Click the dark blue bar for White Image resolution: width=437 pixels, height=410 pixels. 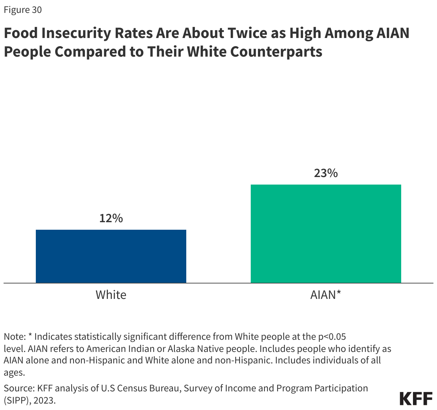coord(111,256)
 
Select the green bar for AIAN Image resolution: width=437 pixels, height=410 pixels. coord(326,234)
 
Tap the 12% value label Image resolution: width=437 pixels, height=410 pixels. coord(111,218)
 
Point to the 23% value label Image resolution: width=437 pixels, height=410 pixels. coord(326,173)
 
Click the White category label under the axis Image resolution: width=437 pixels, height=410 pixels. coord(111,295)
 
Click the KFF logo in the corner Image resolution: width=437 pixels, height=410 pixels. coord(416,399)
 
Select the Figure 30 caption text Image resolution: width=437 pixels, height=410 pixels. coord(23,10)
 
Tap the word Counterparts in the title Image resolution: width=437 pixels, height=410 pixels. coord(276,52)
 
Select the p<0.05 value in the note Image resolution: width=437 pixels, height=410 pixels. coord(332,337)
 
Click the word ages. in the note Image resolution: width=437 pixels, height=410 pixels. coord(14,373)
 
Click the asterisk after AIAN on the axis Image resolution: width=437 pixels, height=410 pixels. coord(338,294)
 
